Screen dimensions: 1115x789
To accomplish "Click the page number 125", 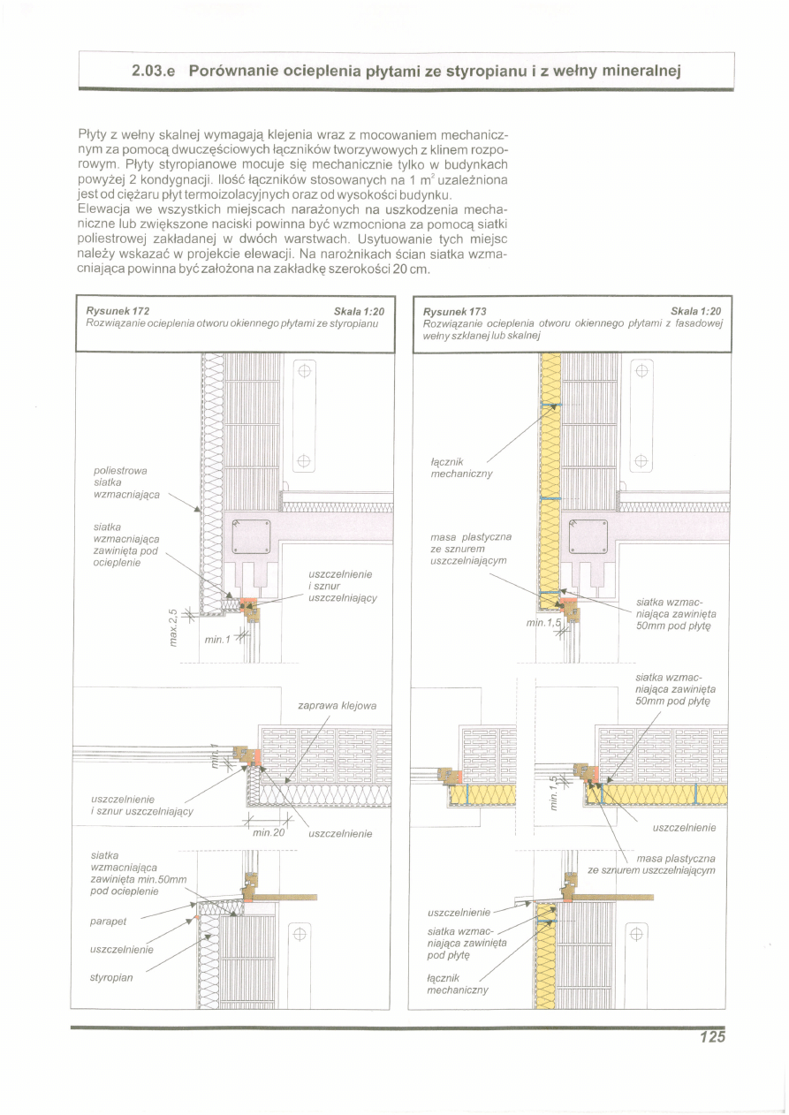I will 710,1037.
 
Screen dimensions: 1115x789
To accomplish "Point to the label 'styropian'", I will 111,978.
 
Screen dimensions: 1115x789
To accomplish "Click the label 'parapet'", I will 109,922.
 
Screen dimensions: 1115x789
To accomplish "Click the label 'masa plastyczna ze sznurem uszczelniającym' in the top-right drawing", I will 471,549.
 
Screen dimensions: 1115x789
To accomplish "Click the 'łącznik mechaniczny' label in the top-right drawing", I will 461,467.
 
